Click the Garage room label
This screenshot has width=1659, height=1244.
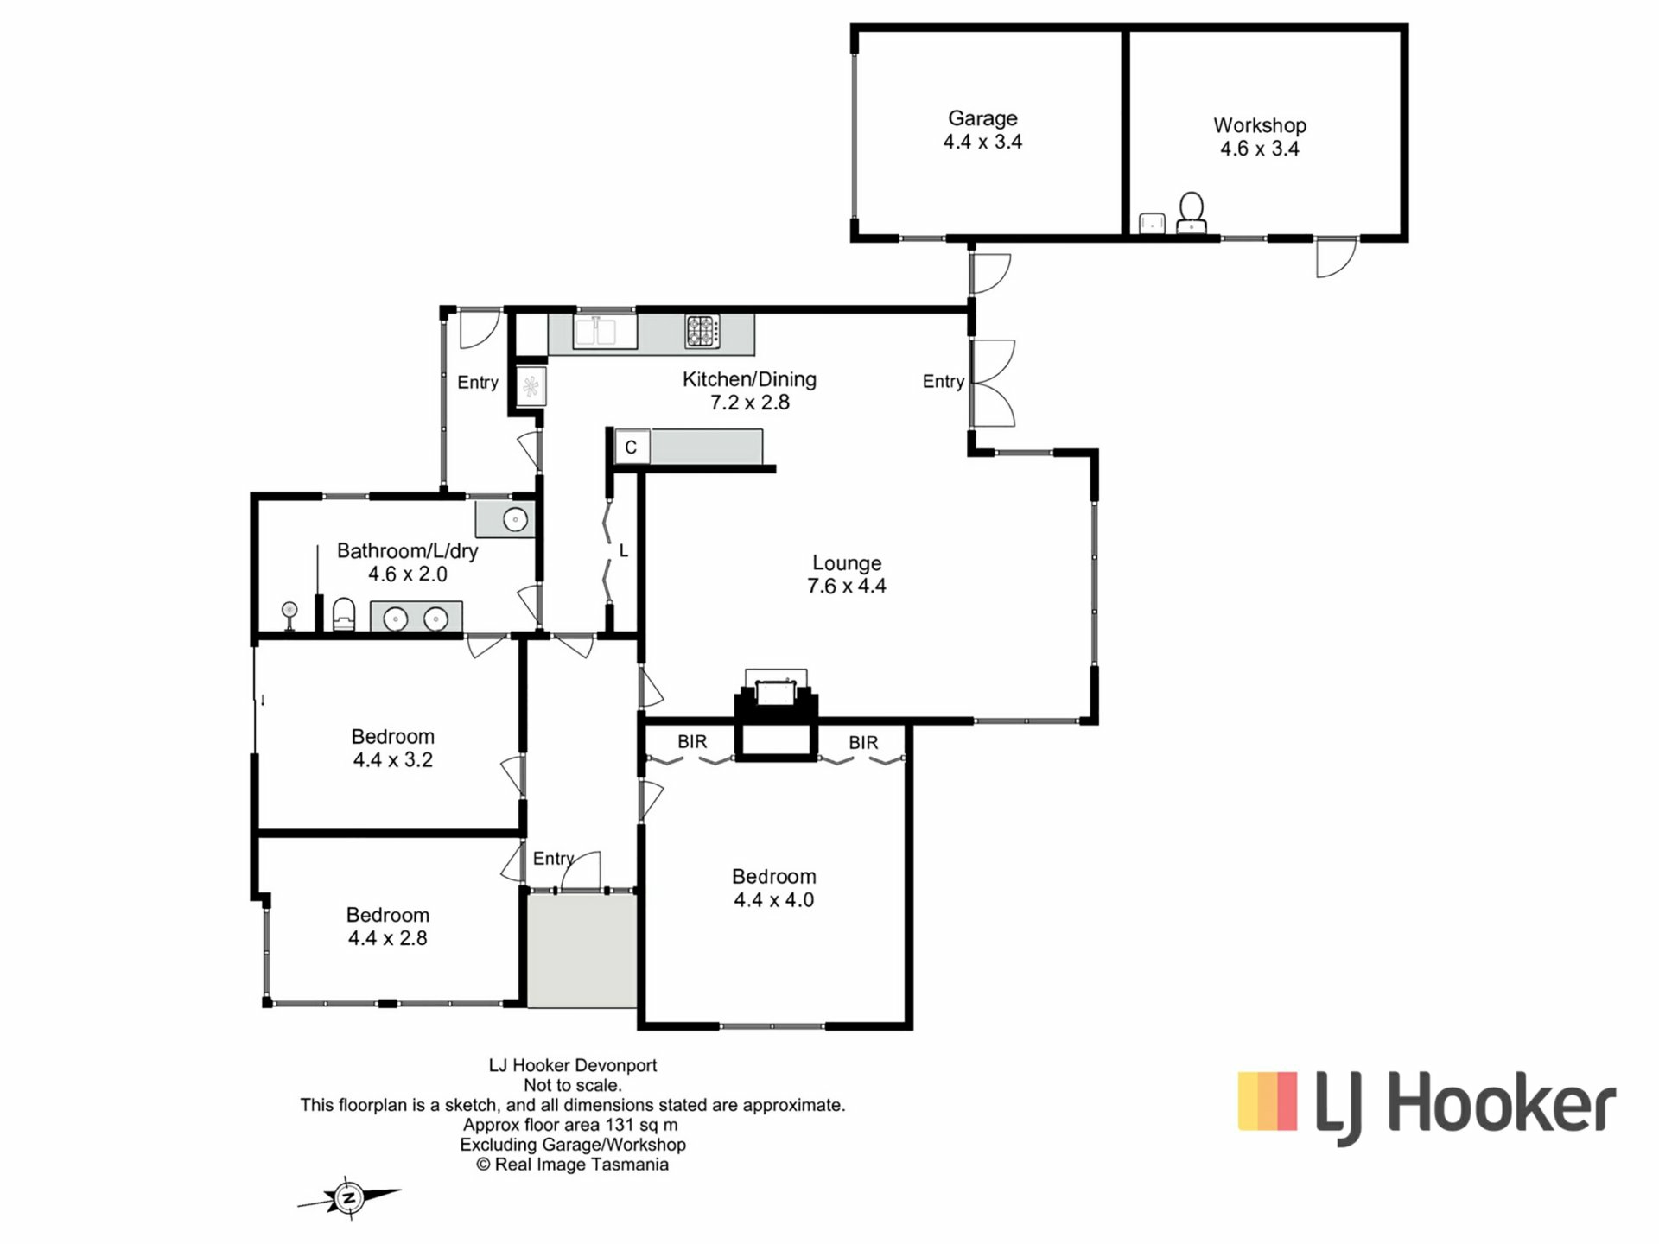(x=982, y=118)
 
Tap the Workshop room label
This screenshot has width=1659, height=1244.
(x=1259, y=125)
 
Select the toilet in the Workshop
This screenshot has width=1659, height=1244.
(x=1192, y=212)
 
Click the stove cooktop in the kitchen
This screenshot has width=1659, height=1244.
(x=702, y=331)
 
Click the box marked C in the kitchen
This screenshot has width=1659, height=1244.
(x=632, y=447)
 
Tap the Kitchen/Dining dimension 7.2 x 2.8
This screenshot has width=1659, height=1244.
(x=750, y=403)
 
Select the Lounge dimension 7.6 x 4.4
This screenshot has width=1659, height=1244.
(x=847, y=586)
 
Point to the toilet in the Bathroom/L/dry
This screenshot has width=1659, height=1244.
(x=344, y=614)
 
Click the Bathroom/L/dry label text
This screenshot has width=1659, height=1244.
(x=408, y=550)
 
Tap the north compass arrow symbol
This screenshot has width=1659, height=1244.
(x=349, y=1197)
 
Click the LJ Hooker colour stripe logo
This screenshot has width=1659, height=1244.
(x=1268, y=1101)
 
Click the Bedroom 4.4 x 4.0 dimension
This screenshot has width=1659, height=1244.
(x=773, y=900)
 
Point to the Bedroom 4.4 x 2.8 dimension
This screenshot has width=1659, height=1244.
(x=388, y=938)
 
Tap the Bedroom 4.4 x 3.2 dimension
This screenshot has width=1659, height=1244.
(x=393, y=760)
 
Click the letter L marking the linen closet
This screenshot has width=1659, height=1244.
(x=624, y=551)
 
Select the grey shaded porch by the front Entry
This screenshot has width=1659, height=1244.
(x=582, y=950)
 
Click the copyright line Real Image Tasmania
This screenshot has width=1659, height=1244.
(x=572, y=1165)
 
